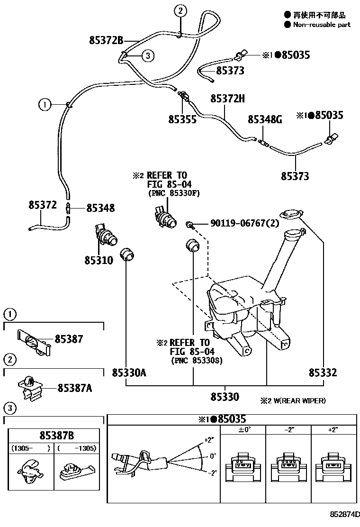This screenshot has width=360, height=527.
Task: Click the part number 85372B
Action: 106,40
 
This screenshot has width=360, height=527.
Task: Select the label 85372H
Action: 227,99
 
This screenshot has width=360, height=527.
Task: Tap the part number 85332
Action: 323,373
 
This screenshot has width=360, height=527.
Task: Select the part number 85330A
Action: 129,373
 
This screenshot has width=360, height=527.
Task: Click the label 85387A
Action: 74,389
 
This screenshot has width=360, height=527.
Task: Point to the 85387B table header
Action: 56,436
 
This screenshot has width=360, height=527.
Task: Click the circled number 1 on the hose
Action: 44,104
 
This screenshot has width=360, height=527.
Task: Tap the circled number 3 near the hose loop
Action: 148,56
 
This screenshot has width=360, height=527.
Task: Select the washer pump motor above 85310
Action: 105,233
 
